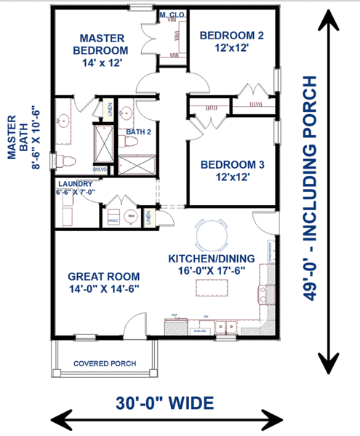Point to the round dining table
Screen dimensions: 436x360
click(215, 236)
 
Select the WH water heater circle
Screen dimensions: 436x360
click(132, 216)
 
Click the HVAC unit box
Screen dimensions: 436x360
click(113, 219)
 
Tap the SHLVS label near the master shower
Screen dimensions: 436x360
click(100, 169)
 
